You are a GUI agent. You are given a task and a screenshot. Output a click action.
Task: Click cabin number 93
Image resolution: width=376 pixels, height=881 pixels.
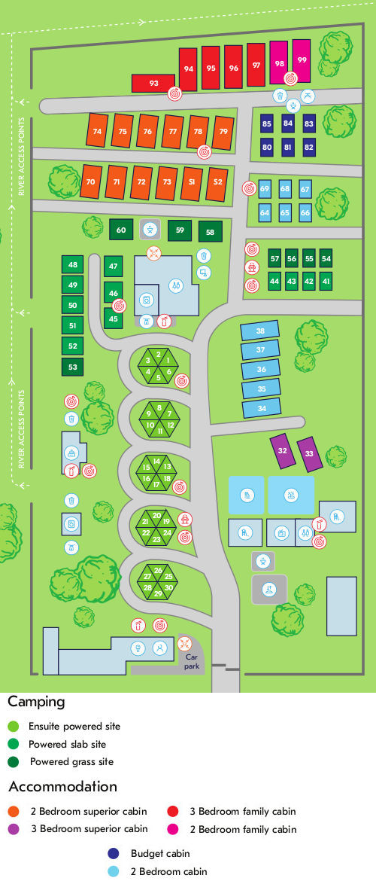[153, 83]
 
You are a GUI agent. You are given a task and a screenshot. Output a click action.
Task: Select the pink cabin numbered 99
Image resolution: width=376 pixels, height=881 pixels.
[302, 61]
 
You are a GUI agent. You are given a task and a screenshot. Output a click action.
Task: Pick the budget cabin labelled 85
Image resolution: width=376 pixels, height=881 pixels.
[267, 123]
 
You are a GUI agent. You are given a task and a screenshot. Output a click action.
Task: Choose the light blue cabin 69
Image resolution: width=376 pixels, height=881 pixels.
[264, 189]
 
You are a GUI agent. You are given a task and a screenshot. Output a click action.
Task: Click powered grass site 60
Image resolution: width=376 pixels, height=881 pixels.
[121, 229]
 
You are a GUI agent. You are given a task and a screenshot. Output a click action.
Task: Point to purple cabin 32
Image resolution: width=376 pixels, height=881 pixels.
[283, 450]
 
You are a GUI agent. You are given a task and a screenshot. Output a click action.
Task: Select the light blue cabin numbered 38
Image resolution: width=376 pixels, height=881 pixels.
[260, 331]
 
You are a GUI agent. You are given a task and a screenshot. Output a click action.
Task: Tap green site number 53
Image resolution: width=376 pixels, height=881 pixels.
[73, 367]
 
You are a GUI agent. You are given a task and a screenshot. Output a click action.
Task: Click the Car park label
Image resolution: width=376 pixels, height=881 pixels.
[192, 661]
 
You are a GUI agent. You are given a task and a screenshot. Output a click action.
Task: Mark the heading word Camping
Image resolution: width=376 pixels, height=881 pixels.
[36, 702]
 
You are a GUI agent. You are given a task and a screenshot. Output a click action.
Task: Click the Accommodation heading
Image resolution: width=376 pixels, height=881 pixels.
[62, 787]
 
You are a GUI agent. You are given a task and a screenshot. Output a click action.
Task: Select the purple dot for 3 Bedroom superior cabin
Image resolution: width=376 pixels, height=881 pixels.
[13, 829]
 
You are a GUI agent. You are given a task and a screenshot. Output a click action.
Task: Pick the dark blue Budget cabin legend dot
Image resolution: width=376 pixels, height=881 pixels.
[114, 854]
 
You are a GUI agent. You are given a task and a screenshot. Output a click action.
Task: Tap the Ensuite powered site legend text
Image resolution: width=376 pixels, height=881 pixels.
[74, 727]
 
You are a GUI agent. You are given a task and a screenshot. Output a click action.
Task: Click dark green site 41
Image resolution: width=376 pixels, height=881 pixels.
[326, 281]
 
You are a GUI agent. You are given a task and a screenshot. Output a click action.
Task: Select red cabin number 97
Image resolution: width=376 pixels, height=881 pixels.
[256, 66]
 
